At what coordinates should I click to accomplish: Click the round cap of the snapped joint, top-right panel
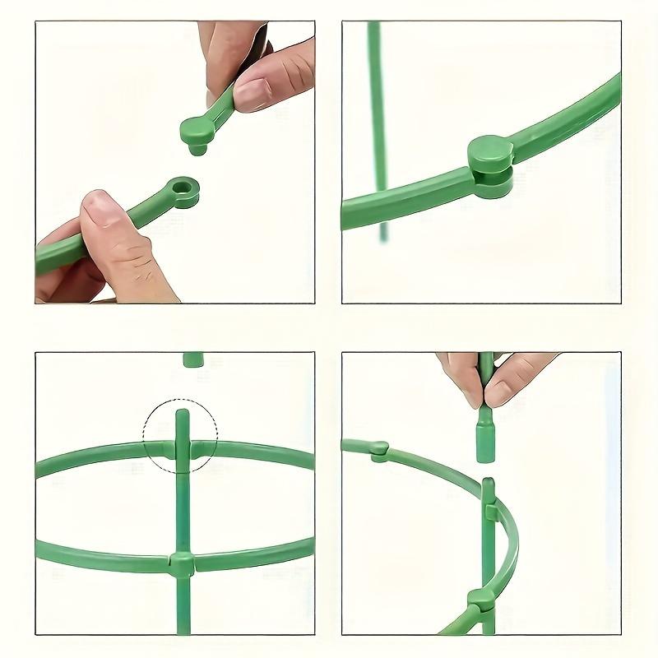pos(490,153)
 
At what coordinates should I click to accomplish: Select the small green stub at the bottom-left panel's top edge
pos(193,359)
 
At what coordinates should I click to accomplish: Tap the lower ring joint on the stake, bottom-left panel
pos(182,563)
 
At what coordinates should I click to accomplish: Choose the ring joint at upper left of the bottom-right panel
pos(378,449)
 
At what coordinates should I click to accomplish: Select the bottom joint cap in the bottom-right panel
pos(481,600)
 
